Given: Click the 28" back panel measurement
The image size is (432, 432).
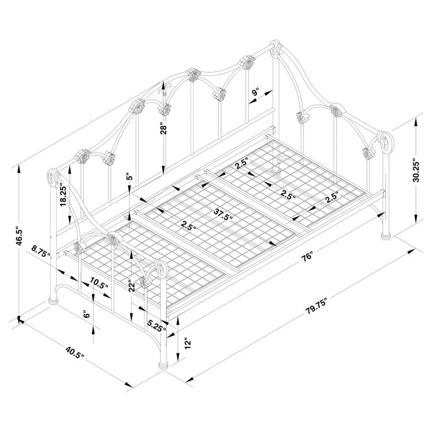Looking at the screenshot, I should coord(164,130).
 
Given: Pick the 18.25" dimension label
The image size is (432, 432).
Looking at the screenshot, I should coord(63,194).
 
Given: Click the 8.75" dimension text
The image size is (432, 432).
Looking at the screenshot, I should coord(42,252).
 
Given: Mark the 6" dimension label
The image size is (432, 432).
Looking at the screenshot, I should coord(86,315).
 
